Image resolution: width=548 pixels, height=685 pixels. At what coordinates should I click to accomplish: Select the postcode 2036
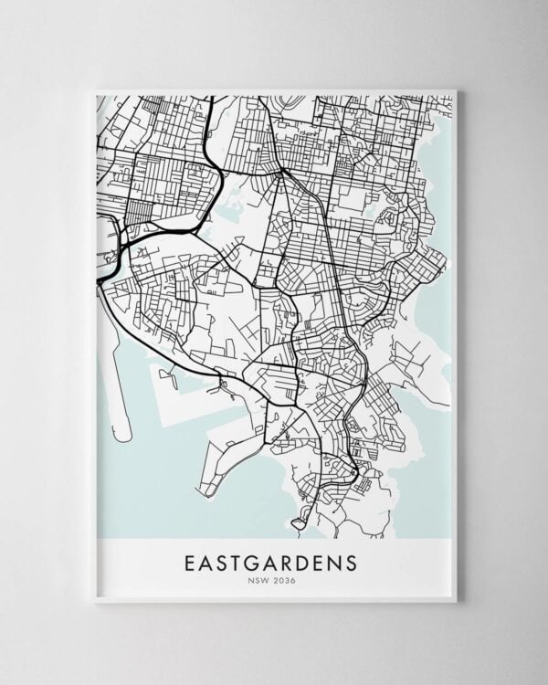click(x=283, y=579)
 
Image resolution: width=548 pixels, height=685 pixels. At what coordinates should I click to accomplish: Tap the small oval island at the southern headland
click(x=298, y=523)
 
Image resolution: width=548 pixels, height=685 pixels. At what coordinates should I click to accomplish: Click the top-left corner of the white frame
click(x=94, y=90)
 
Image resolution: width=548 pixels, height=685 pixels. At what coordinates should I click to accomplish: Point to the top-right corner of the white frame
click(x=455, y=90)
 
